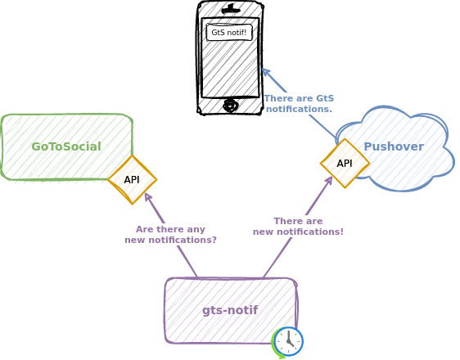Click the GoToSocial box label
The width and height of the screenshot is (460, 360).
coord(66,146)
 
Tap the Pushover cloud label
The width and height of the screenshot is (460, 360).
coord(394,146)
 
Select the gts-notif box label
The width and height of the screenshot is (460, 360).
coord(230,310)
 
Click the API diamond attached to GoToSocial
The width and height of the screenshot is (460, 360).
coord(133,180)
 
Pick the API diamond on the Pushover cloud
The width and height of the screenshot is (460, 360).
coord(345,164)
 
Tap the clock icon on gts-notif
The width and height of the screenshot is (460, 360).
coord(289,341)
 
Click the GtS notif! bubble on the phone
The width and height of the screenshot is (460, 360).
coord(229,32)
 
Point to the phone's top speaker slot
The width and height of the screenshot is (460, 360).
coord(231,11)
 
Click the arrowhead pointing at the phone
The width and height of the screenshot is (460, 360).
coord(266,73)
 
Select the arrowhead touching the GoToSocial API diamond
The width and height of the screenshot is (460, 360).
coord(148,197)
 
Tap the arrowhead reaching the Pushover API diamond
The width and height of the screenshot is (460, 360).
coord(328,180)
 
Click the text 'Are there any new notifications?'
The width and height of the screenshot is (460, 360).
coord(171,235)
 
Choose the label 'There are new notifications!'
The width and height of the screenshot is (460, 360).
coord(298,227)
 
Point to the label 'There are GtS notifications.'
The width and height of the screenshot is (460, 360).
coord(300,103)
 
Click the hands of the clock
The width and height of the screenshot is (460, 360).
coord(290,339)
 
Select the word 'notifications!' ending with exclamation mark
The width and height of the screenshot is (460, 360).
coord(310,232)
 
